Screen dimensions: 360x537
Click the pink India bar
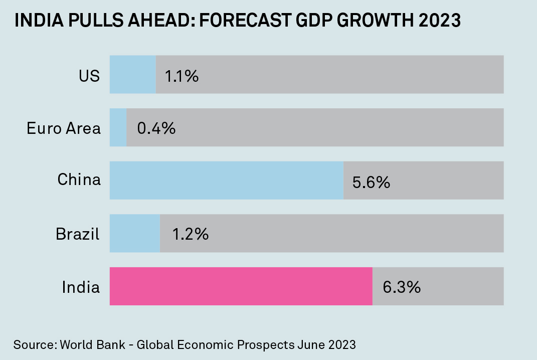(241, 286)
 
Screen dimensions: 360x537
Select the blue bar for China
(226, 181)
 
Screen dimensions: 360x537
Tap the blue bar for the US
(132, 75)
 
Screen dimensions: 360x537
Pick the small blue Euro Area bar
(118, 127)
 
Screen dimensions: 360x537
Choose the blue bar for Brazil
(134, 234)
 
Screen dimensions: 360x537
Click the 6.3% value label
(401, 287)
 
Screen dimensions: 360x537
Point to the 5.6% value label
(371, 182)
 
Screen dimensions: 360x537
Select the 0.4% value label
(156, 128)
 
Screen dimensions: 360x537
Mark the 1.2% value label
(191, 234)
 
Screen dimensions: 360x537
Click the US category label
(89, 76)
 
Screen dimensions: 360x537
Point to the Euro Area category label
(64, 128)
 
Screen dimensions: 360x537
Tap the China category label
(79, 179)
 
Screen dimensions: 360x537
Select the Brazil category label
(78, 234)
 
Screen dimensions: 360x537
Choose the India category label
(81, 287)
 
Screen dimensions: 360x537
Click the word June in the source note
(311, 345)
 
